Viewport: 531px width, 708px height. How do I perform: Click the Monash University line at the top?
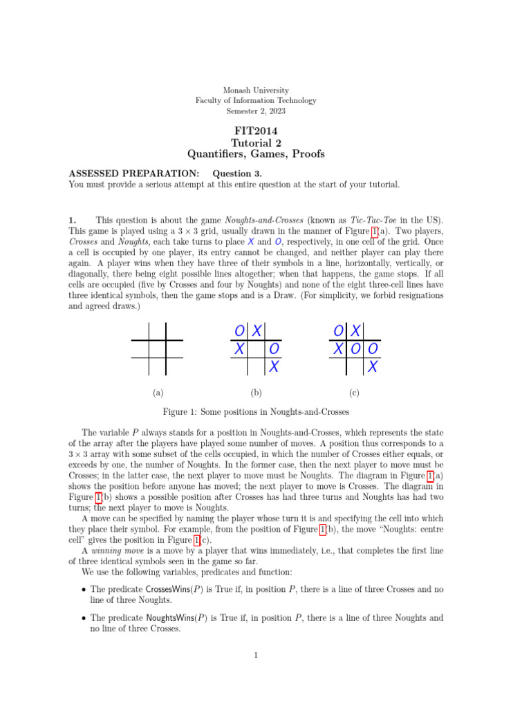pyautogui.click(x=256, y=91)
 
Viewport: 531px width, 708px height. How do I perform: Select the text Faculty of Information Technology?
pyautogui.click(x=256, y=101)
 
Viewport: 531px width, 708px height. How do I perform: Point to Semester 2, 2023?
pyautogui.click(x=256, y=111)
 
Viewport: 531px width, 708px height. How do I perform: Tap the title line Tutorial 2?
pyautogui.click(x=256, y=142)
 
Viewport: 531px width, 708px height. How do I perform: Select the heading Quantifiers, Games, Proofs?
pyautogui.click(x=256, y=154)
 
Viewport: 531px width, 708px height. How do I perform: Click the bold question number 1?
pyautogui.click(x=72, y=220)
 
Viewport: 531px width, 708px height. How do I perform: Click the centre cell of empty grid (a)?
pyautogui.click(x=158, y=349)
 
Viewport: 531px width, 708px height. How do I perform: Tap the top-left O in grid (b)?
pyautogui.click(x=239, y=331)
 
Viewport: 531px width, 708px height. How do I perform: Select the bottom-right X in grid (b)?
pyautogui.click(x=274, y=366)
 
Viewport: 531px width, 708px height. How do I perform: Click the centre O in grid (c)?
pyautogui.click(x=355, y=349)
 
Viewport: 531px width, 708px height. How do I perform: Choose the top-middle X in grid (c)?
pyautogui.click(x=355, y=331)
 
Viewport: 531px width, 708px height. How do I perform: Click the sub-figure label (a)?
pyautogui.click(x=158, y=393)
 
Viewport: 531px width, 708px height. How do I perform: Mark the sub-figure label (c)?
pyautogui.click(x=354, y=393)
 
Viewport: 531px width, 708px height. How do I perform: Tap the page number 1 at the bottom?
pyautogui.click(x=256, y=655)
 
